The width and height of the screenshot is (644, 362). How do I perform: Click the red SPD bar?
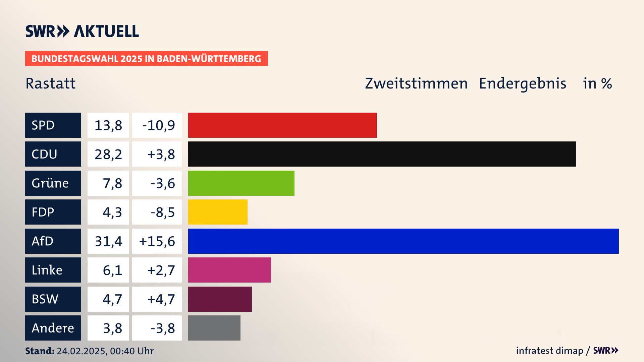(282, 125)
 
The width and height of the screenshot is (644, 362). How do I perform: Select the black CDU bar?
(382, 154)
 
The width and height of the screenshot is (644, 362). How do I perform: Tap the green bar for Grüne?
(241, 183)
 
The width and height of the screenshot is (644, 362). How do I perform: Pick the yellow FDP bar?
(218, 212)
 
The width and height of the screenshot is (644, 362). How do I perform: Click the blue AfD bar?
(403, 241)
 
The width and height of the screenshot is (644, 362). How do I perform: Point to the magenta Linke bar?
(229, 270)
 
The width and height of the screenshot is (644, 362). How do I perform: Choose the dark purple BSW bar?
(220, 299)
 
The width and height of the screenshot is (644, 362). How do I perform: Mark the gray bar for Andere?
(214, 328)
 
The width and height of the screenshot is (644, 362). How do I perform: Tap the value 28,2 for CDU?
(108, 154)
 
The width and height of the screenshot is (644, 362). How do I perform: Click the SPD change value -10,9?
(158, 125)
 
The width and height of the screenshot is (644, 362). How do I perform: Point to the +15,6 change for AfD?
(157, 241)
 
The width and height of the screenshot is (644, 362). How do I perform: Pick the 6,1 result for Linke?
(112, 270)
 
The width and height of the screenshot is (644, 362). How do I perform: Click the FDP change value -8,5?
(163, 212)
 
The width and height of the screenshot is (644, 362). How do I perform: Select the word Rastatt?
(51, 83)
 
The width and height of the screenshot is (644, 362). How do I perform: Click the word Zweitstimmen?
(416, 83)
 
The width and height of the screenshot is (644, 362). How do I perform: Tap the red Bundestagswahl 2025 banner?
(146, 59)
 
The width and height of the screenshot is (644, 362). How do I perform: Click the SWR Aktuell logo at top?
(82, 31)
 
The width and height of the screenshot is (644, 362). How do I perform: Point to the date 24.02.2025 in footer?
(82, 351)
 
